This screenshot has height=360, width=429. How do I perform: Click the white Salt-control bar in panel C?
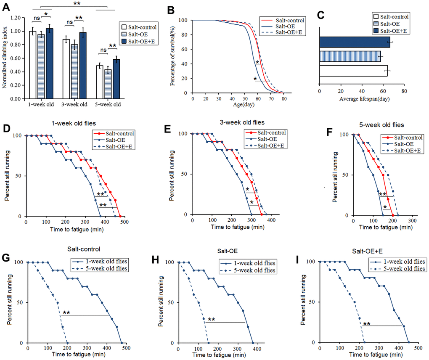(x=353, y=71)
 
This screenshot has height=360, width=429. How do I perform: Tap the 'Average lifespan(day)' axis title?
(x=362, y=100)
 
